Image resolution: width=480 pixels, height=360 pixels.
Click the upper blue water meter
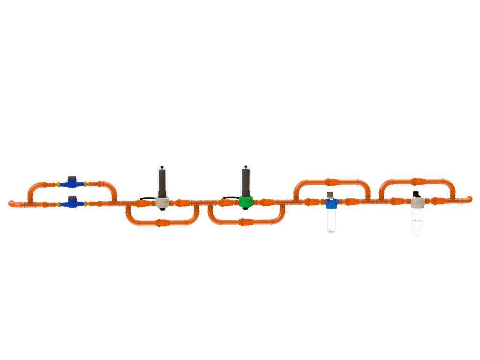click(x=72, y=180)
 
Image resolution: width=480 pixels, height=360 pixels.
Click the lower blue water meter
click(x=72, y=201)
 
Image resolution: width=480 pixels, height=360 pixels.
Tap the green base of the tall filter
click(x=245, y=202)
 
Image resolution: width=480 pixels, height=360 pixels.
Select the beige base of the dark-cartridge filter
click(x=162, y=202)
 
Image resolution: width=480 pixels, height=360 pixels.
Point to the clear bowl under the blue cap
click(x=331, y=220)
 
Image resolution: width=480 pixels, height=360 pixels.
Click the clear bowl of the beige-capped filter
click(x=417, y=221)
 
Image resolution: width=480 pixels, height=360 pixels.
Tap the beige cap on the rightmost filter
click(x=417, y=202)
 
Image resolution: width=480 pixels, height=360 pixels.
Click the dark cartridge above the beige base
click(x=162, y=183)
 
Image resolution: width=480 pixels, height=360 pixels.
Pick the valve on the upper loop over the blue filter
click(x=331, y=181)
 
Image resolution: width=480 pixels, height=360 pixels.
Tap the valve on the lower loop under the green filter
click(x=245, y=222)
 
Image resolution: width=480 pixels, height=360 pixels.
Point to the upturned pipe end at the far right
click(x=470, y=198)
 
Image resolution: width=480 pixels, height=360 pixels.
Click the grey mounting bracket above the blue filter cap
click(x=331, y=194)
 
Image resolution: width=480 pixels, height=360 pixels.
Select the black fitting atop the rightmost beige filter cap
click(x=416, y=194)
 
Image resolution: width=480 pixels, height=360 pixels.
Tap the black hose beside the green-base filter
click(x=229, y=198)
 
